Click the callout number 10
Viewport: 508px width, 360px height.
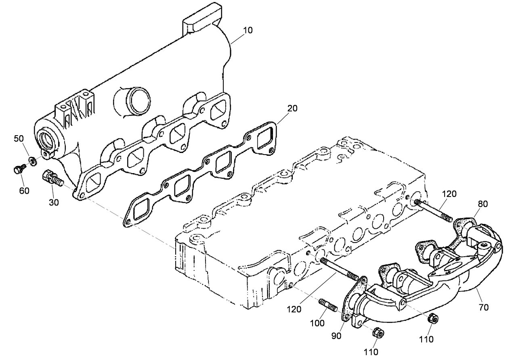(x=248, y=30)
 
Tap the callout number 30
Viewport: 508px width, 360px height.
(x=54, y=202)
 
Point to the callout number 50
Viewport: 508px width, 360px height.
(x=19, y=138)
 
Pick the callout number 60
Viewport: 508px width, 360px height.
(x=24, y=190)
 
